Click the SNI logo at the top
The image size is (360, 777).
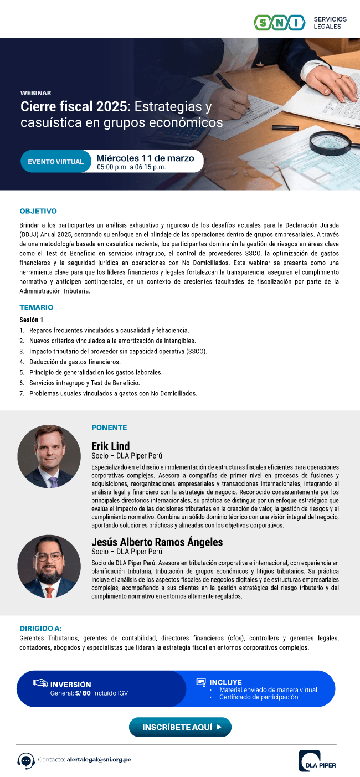tap(280, 23)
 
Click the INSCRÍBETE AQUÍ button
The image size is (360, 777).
tap(180, 727)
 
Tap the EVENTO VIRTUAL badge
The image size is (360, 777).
tap(55, 162)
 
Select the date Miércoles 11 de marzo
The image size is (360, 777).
tap(145, 158)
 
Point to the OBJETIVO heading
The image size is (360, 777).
tap(38, 211)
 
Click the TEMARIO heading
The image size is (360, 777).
tap(37, 307)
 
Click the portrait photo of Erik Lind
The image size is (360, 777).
tap(49, 456)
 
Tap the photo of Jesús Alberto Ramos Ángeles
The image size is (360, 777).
tap(49, 566)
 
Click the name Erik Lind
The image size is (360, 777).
tap(111, 446)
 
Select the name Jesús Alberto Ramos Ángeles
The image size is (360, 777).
tap(157, 542)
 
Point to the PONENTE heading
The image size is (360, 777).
tap(109, 428)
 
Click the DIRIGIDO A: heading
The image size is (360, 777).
tap(40, 628)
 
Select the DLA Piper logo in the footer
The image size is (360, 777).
tap(317, 760)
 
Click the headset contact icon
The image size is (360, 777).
tap(26, 760)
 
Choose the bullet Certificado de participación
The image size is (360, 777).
tap(258, 697)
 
